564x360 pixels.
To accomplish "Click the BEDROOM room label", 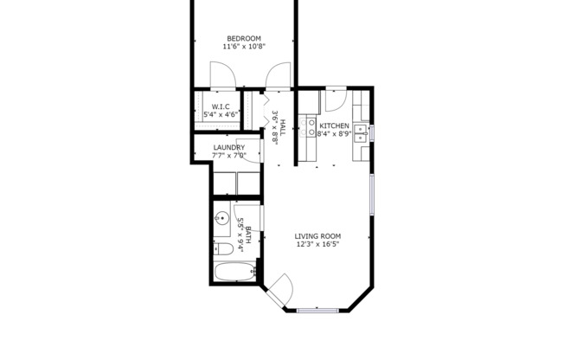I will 245,38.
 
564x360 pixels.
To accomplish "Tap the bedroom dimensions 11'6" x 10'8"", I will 245,47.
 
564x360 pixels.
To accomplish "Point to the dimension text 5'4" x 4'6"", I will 221,114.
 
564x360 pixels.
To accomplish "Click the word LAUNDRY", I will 229,148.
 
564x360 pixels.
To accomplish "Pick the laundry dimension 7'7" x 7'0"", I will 229,157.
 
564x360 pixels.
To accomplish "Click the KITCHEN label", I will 334,125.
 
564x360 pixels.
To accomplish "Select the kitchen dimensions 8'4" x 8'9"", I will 334,134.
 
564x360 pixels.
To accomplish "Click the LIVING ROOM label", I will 317,236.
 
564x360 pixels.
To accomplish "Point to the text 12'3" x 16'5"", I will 317,245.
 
